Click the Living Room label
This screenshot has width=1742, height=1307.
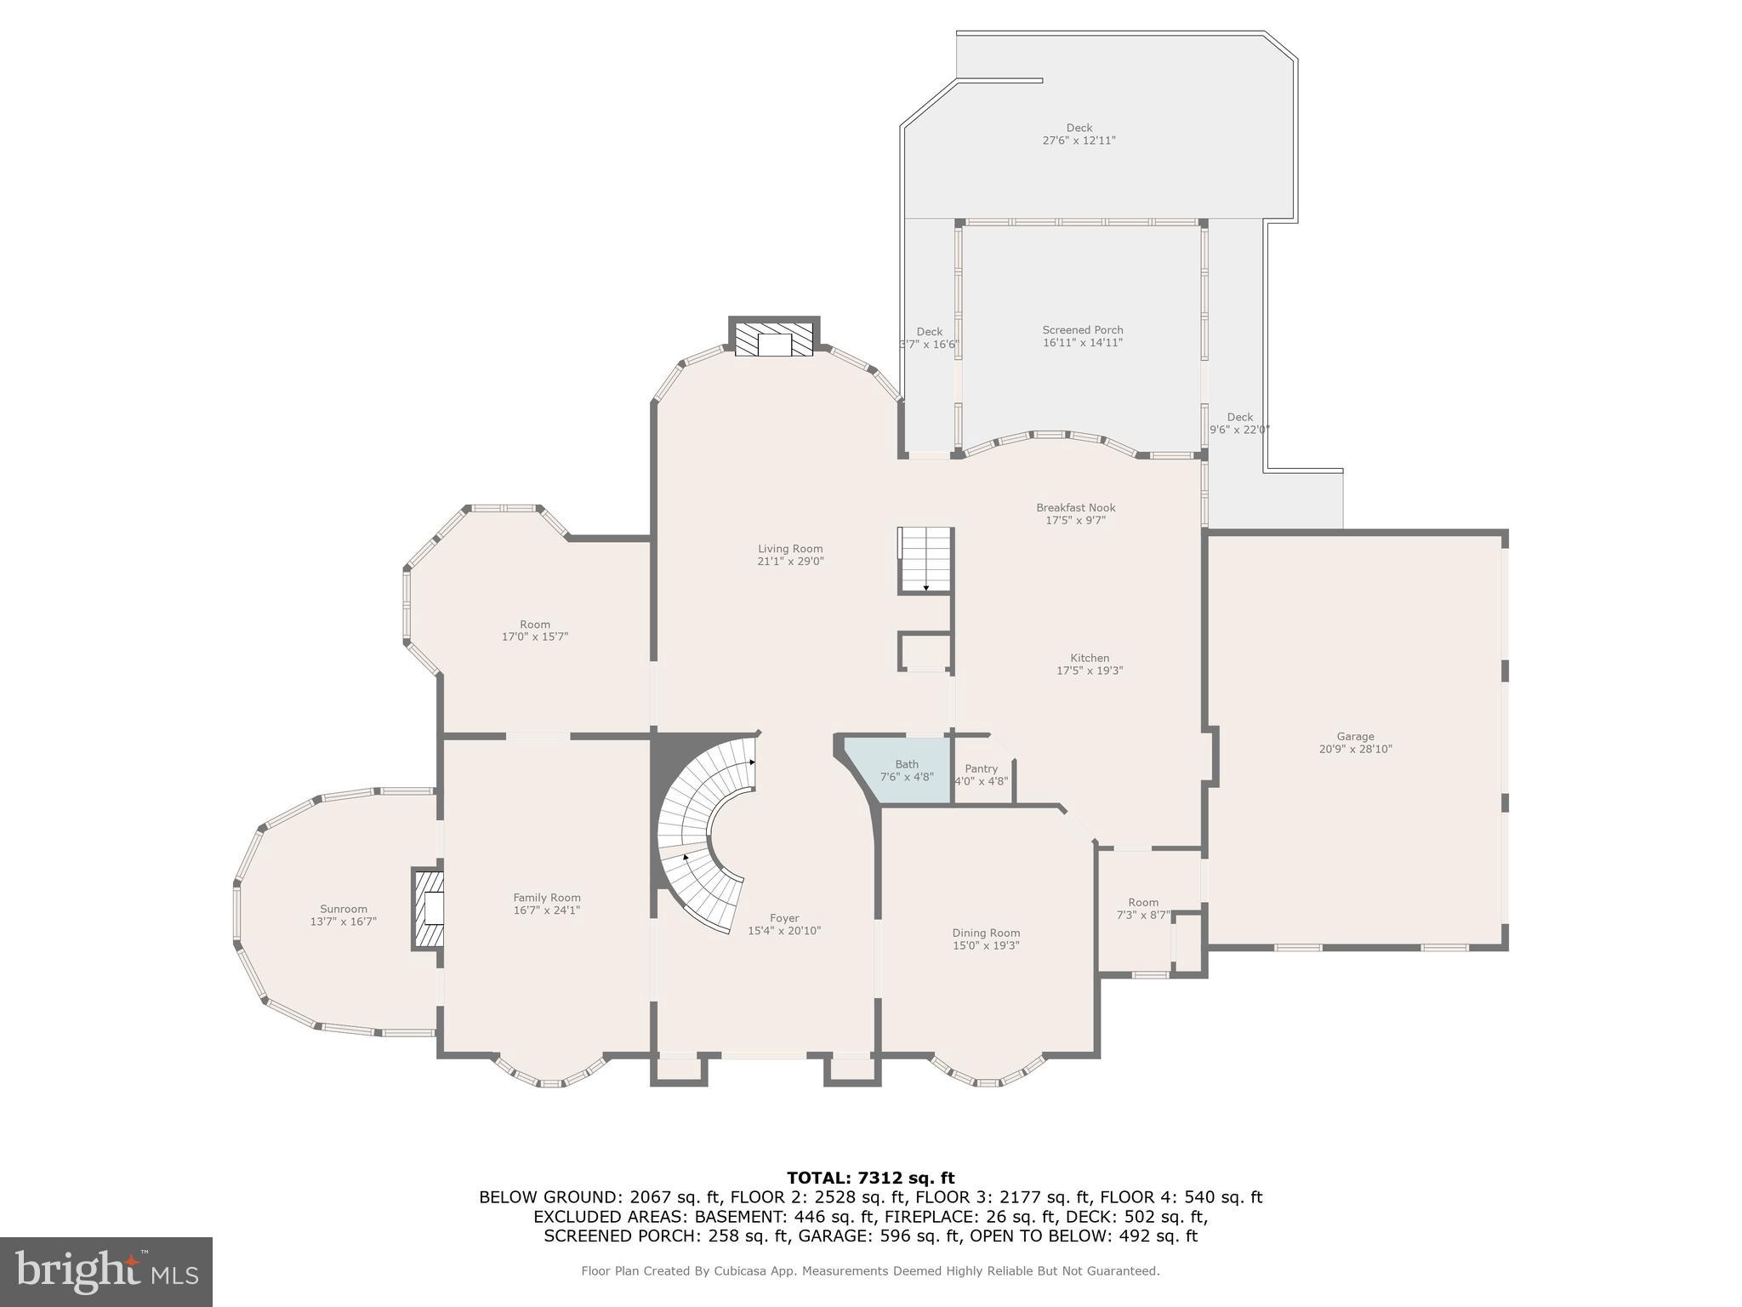[790, 549]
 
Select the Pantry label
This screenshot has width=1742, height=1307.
[981, 768]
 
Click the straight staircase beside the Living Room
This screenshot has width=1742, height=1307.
[925, 559]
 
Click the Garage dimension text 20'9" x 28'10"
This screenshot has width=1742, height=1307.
[1355, 750]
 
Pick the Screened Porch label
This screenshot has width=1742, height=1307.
[1082, 330]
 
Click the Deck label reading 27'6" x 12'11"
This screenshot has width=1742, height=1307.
[1079, 140]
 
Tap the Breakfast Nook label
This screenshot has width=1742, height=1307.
[1075, 508]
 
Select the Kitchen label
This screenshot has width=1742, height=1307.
[1090, 658]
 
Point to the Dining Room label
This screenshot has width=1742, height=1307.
[986, 933]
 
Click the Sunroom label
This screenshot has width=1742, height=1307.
[344, 909]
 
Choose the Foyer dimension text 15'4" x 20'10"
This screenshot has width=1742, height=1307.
[784, 931]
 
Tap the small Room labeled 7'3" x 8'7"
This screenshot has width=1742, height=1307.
[1143, 909]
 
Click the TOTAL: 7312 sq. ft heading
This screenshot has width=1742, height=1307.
[870, 1178]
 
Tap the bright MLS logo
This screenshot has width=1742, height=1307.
[106, 1271]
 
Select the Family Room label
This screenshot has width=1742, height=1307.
[547, 898]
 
